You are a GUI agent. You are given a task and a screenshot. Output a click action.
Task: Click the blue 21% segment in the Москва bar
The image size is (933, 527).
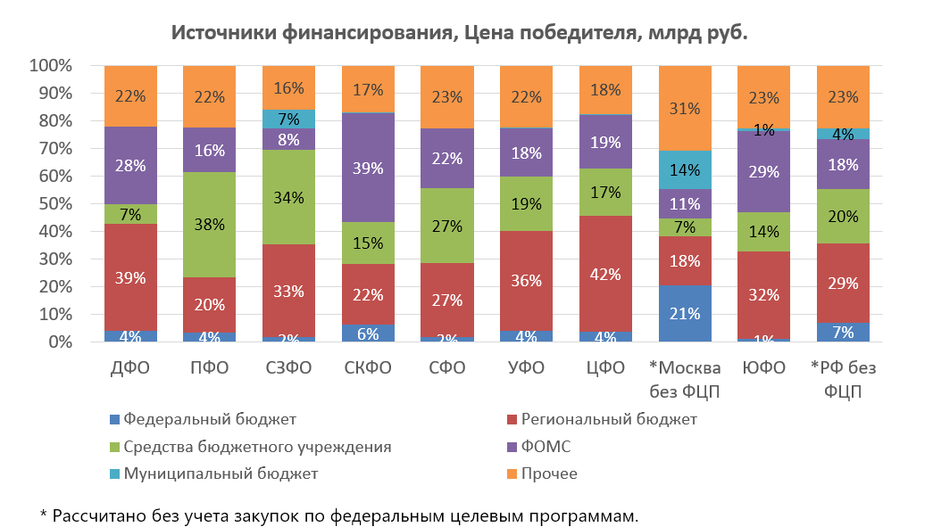coord(685,313)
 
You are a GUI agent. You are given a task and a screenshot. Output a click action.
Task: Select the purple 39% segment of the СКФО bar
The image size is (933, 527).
coord(368,168)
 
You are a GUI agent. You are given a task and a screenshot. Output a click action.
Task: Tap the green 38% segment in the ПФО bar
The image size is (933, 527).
coord(210,225)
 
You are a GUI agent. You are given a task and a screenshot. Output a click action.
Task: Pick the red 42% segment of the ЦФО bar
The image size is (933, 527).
coord(605,274)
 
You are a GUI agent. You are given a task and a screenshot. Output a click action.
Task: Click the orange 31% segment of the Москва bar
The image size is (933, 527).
coord(685,108)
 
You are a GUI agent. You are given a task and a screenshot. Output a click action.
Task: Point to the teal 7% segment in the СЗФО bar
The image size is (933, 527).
coord(288,119)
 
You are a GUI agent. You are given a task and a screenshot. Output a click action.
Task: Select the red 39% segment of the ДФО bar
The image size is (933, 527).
coord(130,277)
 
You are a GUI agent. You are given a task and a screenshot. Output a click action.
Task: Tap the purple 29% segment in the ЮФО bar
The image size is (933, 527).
coord(763,172)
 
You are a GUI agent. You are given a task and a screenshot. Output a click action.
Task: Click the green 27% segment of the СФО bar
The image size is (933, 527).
coord(447,226)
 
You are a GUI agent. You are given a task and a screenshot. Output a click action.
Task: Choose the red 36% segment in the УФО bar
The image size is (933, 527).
coord(526,281)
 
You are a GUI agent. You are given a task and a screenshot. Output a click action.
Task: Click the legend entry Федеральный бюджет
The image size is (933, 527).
coord(203,419)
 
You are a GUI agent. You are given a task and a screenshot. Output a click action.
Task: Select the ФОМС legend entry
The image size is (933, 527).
coord(538,447)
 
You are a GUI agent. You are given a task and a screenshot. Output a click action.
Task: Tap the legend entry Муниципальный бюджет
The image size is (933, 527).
coord(214,474)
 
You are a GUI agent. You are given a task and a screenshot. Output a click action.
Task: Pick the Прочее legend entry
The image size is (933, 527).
coord(542,473)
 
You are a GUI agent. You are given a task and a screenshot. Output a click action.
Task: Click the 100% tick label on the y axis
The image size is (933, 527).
coord(51,65)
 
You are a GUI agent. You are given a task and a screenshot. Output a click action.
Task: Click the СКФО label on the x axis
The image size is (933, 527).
coord(368,367)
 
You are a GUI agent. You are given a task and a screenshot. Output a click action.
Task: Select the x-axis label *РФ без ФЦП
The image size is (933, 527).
coord(843,380)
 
